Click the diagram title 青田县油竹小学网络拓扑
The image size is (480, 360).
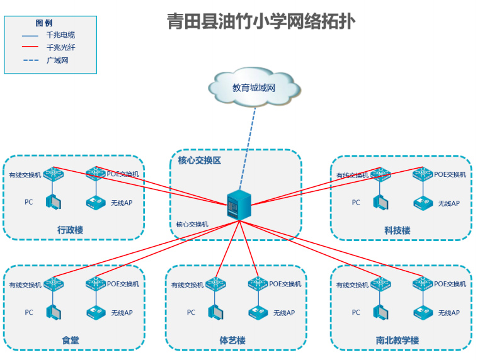[x=261, y=22]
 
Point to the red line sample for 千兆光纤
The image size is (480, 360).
[x=30, y=47]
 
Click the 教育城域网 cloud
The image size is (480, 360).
[x=254, y=87]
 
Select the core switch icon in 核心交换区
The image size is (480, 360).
[x=239, y=205]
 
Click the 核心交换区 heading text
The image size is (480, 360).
[x=199, y=160]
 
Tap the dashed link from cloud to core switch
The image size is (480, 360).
[x=248, y=149]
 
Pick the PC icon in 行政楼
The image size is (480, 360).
[x=54, y=202]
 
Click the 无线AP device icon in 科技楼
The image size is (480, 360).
[x=423, y=203]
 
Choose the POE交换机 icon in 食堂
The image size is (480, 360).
[x=96, y=284]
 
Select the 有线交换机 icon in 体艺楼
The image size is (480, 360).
[x=215, y=284]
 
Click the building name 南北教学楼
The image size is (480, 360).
[x=397, y=340]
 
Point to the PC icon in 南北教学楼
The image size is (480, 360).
[x=380, y=312]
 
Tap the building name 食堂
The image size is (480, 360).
[x=71, y=340]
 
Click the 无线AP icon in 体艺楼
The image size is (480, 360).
[x=258, y=313]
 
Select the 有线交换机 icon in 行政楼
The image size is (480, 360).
[x=54, y=174]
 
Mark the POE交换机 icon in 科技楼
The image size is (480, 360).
[x=423, y=174]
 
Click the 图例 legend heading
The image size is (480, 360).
[x=43, y=23]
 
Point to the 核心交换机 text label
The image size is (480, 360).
[x=192, y=224]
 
